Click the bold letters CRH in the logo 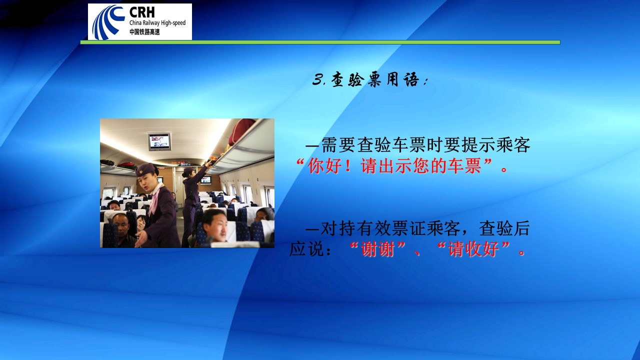point(142,12)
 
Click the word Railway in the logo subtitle point(149,23)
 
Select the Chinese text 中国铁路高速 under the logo point(144,32)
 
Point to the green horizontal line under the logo point(320,42)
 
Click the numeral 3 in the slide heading point(317,79)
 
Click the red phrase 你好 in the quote point(325,165)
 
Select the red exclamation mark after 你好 point(347,165)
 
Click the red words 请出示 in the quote point(386,165)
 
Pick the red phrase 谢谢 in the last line point(377,249)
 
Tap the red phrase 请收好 point(473,249)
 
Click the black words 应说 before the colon point(306,249)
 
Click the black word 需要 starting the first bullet point(338,145)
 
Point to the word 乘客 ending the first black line point(513,145)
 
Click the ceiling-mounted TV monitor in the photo point(159,141)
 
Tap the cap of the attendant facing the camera point(145,169)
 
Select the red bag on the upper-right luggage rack point(241,131)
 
